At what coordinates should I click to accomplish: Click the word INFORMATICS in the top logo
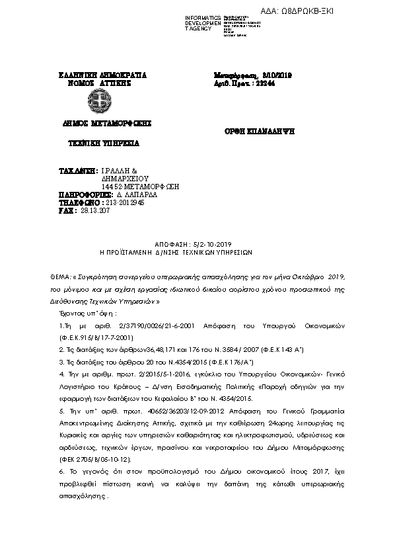(x=203, y=17)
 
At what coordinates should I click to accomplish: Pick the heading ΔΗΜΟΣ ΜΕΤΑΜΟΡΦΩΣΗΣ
(x=98, y=123)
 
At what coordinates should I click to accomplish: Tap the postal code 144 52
(x=115, y=187)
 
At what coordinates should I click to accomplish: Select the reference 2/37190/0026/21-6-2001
(x=148, y=326)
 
